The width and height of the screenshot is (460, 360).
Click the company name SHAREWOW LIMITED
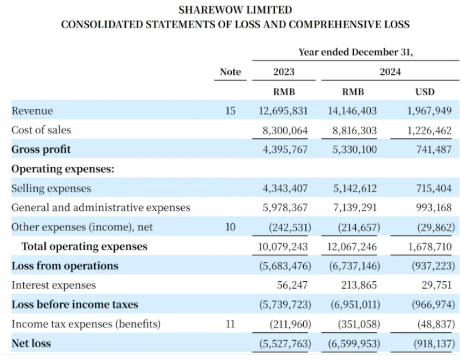click(236, 10)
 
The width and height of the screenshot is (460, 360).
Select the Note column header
click(231, 72)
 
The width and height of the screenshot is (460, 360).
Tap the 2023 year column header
click(284, 72)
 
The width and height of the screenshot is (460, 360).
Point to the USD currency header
click(425, 92)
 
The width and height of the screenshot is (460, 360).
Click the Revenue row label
click(32, 111)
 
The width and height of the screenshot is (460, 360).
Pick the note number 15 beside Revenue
click(231, 111)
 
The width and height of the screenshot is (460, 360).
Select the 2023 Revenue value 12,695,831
click(283, 111)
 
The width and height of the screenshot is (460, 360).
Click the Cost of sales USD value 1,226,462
click(429, 130)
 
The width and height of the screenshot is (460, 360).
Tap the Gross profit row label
click(41, 150)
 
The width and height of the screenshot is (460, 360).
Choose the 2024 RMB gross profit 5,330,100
click(354, 150)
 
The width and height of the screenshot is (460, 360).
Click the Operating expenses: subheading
click(63, 169)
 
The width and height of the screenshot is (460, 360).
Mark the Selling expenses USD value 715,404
click(434, 188)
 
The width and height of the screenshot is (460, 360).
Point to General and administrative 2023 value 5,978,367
click(285, 208)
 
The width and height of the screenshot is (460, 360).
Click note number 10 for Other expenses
click(231, 227)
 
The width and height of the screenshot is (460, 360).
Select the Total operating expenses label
click(84, 246)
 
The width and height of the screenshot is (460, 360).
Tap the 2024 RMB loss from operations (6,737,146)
click(354, 266)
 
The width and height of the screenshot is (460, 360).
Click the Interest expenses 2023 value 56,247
click(292, 285)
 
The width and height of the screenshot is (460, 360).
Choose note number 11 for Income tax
click(231, 324)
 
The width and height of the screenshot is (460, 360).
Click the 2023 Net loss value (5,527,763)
click(285, 343)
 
